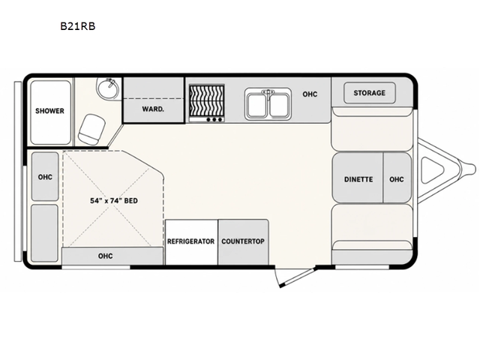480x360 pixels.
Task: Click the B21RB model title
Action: click(78, 26)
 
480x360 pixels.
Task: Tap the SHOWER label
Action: click(49, 111)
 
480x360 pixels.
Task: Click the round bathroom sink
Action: click(107, 88)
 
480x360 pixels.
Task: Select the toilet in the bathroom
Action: click(91, 129)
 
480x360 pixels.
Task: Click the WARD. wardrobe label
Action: click(153, 109)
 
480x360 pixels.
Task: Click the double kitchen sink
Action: click(268, 104)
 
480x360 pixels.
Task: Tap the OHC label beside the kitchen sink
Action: click(310, 94)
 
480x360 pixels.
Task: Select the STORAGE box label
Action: click(370, 93)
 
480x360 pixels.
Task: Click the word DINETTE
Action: click(358, 179)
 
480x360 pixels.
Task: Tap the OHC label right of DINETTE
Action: click(397, 179)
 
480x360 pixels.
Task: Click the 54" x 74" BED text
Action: click(114, 201)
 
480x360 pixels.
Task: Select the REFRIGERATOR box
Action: click(192, 242)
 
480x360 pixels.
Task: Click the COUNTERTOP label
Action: click(243, 241)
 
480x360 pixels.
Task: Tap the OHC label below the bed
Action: click(105, 256)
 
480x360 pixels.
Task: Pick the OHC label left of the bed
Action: click(45, 177)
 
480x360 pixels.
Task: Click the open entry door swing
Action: click(295, 277)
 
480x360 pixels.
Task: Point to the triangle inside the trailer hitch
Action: click(432, 170)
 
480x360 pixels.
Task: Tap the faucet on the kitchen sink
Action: click(268, 94)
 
